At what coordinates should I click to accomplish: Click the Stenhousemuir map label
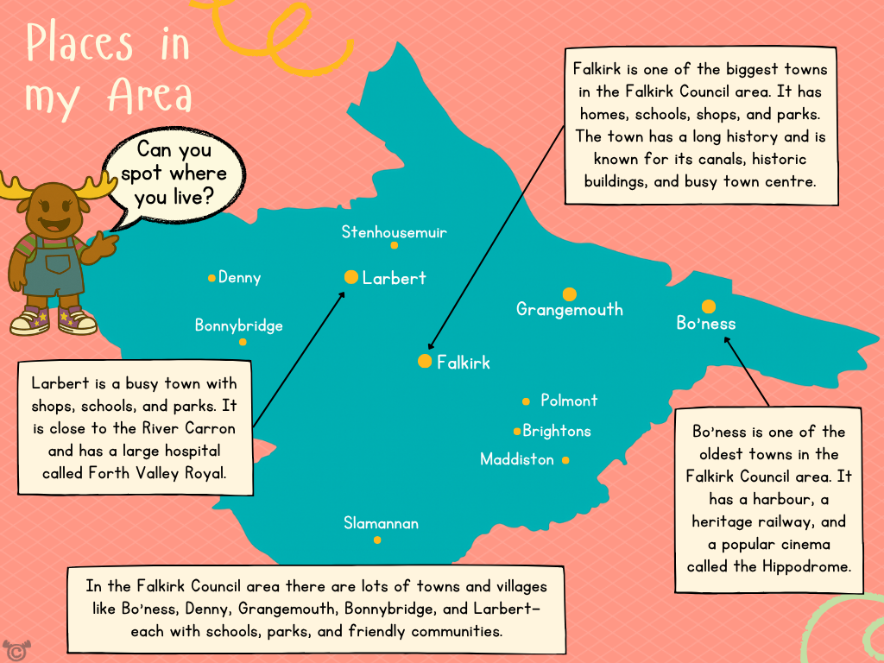(394, 232)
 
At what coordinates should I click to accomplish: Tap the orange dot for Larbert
(351, 277)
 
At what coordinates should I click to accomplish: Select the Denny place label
(239, 278)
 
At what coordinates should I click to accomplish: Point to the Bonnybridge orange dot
(243, 342)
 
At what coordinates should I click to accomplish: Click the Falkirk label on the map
(463, 363)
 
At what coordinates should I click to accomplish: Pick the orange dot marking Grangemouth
(569, 294)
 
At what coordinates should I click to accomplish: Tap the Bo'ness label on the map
(706, 324)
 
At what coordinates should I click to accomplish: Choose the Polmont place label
(569, 401)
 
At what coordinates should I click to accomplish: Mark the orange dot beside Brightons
(517, 431)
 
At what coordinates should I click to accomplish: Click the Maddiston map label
(516, 459)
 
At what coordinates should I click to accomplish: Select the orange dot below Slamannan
(377, 540)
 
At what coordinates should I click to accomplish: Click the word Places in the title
(79, 43)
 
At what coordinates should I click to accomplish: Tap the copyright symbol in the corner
(12, 649)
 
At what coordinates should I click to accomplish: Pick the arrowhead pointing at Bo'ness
(727, 339)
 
